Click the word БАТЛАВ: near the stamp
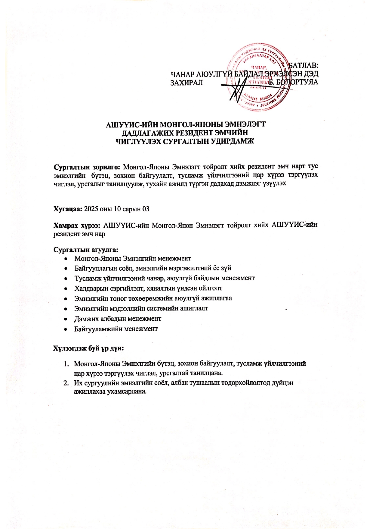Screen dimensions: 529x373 304,65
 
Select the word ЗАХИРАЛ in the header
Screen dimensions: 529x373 186,83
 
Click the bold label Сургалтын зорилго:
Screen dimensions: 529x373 87,167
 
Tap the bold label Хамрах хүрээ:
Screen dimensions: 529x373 77,225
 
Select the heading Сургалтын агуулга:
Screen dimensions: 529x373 86,250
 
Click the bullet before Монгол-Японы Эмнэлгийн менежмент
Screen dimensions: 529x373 66,259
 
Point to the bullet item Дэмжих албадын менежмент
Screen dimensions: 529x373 118,319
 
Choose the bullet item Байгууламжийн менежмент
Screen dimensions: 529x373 116,329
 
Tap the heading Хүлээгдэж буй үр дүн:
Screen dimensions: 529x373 89,348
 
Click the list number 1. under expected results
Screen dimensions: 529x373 66,364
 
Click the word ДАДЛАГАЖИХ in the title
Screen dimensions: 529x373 148,133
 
